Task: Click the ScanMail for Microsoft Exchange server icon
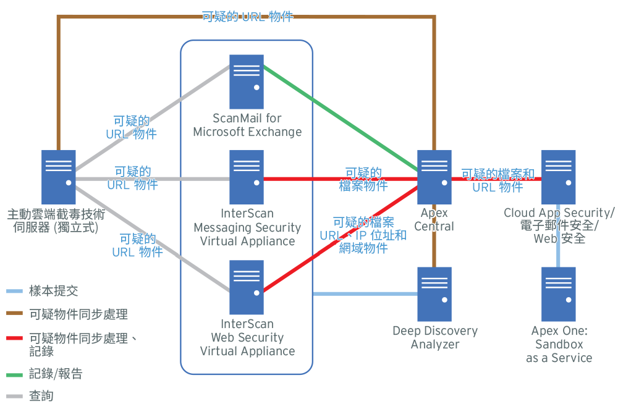pos(247,82)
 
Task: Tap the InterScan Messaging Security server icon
pos(247,177)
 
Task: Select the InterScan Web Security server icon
pos(247,287)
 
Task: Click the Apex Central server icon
pos(434,177)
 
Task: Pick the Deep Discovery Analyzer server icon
pos(434,293)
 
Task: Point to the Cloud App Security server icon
pos(558,177)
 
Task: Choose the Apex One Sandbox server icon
pos(558,293)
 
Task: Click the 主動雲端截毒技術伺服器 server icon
pos(59,177)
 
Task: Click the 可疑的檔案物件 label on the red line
pos(363,179)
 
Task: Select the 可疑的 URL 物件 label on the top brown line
pos(247,17)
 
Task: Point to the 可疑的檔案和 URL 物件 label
pos(497,180)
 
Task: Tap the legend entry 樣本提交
pos(53,291)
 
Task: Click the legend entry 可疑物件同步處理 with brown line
pos(78,314)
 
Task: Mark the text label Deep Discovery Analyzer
pos(435,337)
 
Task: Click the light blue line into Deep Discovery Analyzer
pos(365,294)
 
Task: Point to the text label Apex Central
pos(434,220)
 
